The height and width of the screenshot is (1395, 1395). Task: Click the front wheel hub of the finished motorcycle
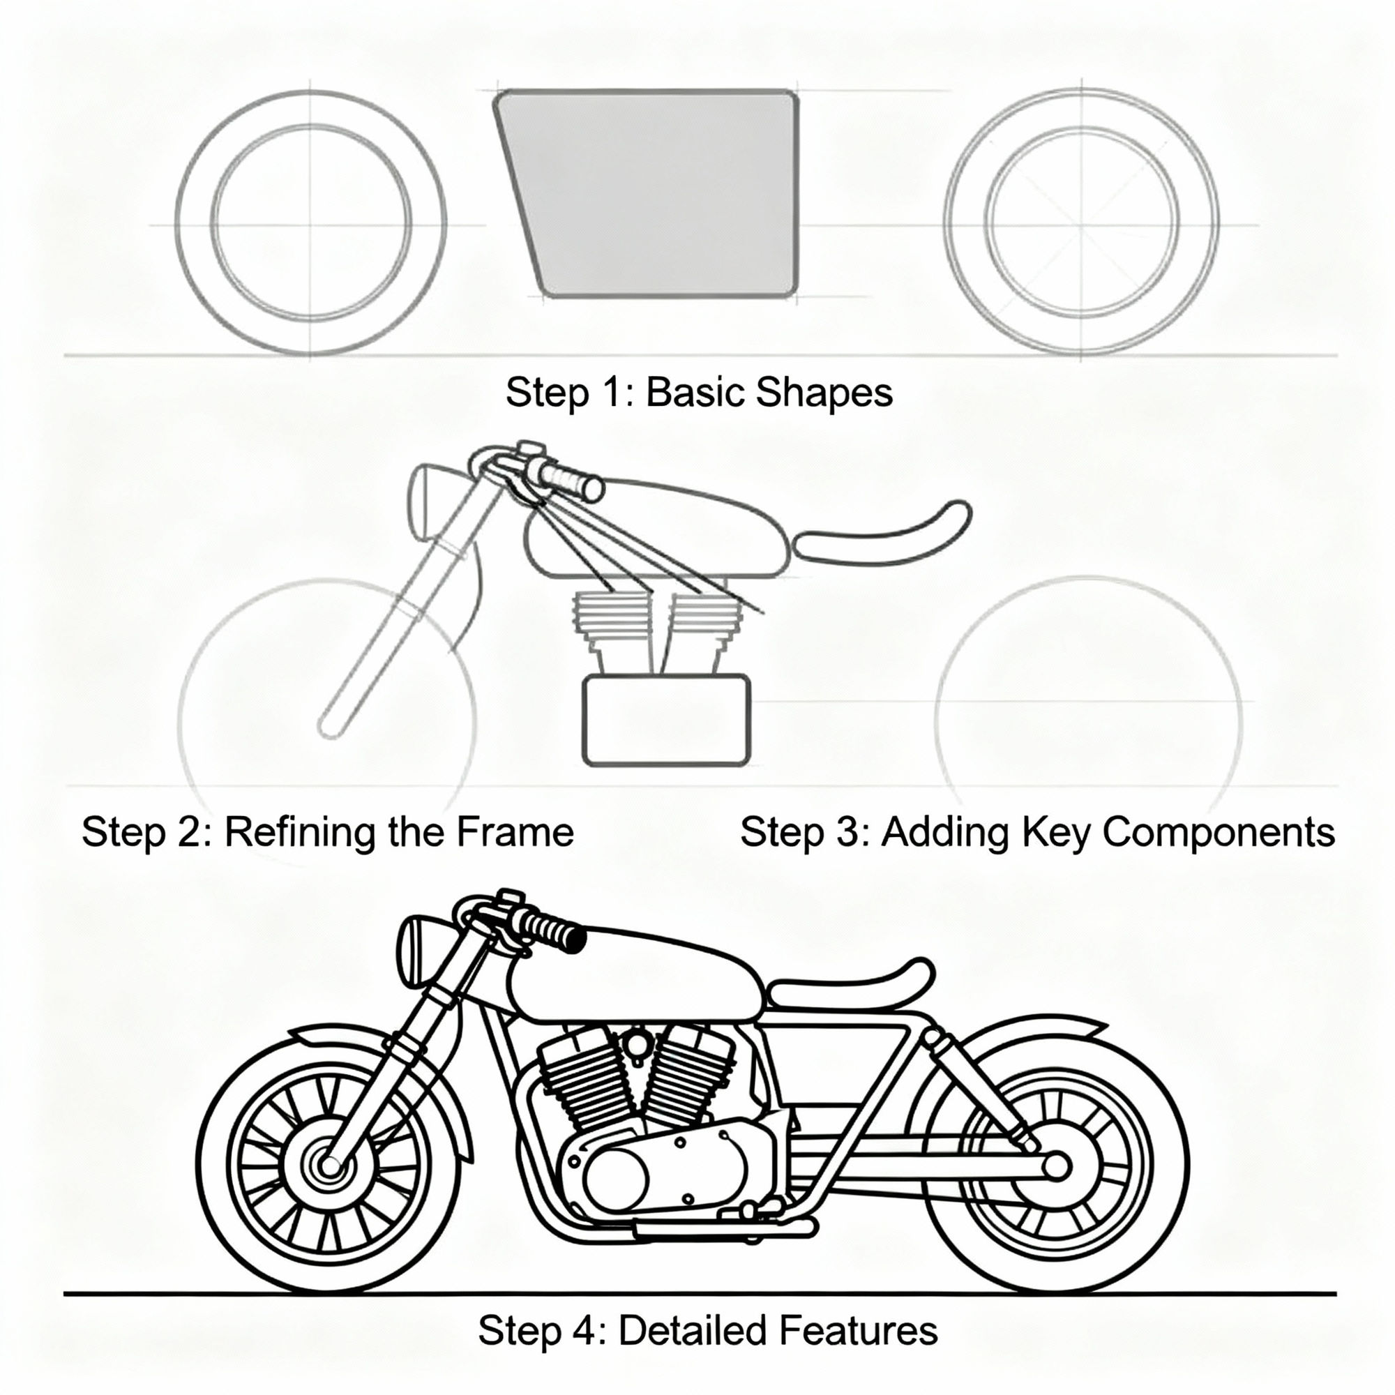point(330,1166)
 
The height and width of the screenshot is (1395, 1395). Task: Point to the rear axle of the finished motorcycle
point(1056,1166)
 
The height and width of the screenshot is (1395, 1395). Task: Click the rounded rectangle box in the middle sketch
point(665,719)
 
